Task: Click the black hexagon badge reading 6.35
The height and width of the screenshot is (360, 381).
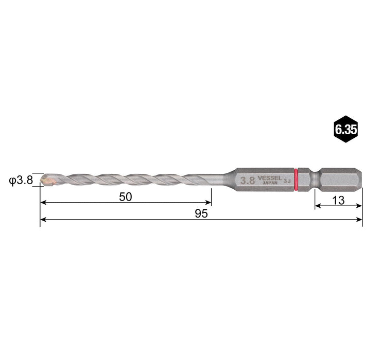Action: [x=345, y=130]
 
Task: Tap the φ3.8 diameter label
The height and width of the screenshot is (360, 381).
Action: [x=21, y=179]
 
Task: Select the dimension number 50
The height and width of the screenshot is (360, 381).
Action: [x=126, y=196]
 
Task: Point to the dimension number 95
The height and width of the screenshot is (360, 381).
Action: [x=201, y=213]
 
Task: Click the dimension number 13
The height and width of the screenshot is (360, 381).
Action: [x=338, y=201]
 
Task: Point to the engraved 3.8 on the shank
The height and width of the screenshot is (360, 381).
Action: [x=248, y=181]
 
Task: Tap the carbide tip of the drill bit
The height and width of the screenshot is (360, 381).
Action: [x=46, y=179]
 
